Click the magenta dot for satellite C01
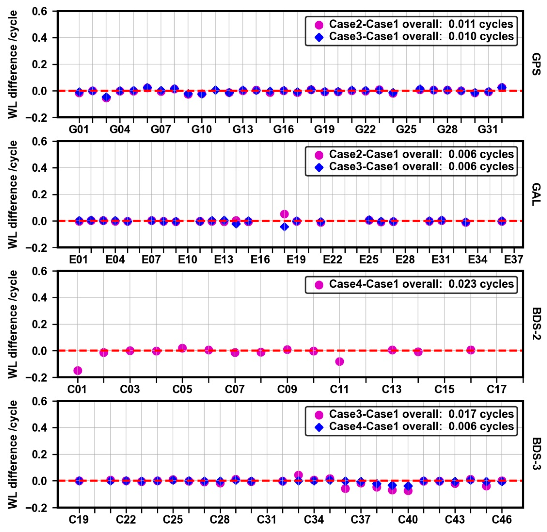78,370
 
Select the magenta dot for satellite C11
340,362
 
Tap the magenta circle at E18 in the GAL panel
284,214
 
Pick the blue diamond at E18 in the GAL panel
284,227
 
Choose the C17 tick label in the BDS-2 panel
497,389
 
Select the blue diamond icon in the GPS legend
319,37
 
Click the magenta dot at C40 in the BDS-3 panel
408,491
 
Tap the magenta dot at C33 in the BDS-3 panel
298,475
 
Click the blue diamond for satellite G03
106,97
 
